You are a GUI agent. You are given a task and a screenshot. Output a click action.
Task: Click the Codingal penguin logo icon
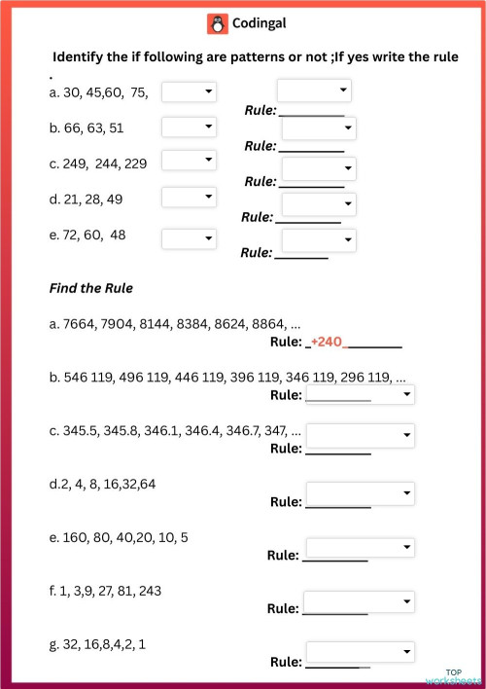pyautogui.click(x=217, y=22)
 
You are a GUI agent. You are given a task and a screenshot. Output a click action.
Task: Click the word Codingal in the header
pyautogui.click(x=259, y=22)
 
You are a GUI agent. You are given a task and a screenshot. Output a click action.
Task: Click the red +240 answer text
pyautogui.click(x=329, y=344)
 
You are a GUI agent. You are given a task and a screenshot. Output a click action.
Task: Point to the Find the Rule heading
pyautogui.click(x=90, y=288)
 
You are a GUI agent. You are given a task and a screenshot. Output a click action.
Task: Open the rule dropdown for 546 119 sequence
pyautogui.click(x=360, y=393)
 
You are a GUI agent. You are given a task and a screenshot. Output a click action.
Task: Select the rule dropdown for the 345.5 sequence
pyautogui.click(x=360, y=434)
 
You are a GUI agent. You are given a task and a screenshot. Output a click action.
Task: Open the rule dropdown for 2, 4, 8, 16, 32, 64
pyautogui.click(x=360, y=495)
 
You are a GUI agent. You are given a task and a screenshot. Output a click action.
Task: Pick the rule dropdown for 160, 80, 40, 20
pyautogui.click(x=360, y=548)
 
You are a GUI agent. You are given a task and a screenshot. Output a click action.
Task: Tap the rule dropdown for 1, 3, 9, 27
pyautogui.click(x=360, y=601)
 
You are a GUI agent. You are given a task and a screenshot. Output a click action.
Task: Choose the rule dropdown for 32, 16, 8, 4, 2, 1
pyautogui.click(x=360, y=652)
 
